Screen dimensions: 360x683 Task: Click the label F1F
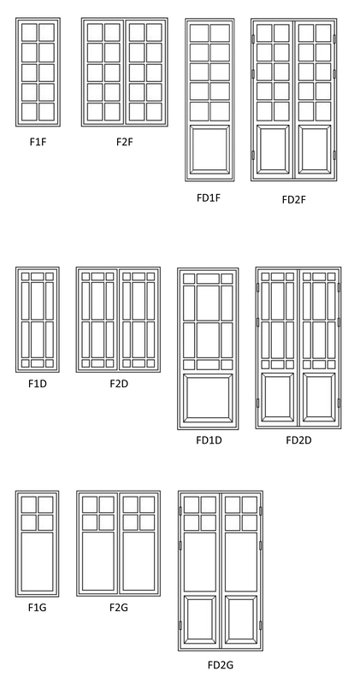[x=38, y=142]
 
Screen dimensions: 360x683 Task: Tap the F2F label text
[x=124, y=142]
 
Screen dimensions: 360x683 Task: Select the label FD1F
[x=209, y=197]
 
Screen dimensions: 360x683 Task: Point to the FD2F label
[x=294, y=199]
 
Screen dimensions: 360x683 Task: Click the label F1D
[x=38, y=384]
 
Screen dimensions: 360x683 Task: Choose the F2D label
[x=119, y=384]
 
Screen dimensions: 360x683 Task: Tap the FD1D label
[x=209, y=440]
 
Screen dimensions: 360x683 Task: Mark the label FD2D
[x=298, y=440]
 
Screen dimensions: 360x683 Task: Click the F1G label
[x=37, y=607]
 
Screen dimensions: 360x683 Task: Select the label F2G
[x=119, y=607]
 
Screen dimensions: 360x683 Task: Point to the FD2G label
[x=221, y=665]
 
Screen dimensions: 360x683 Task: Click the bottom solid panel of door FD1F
[x=210, y=150]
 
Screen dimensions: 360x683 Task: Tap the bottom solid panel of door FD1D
[x=208, y=398]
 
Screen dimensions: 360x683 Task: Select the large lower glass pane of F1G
[x=37, y=562]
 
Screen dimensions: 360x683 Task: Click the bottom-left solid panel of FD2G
[x=199, y=620]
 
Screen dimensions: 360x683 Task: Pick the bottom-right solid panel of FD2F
[x=315, y=150]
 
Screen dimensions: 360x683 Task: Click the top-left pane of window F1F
[x=29, y=32]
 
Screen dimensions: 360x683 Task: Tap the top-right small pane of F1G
[x=45, y=504]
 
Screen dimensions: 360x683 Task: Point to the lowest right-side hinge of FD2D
[x=339, y=403]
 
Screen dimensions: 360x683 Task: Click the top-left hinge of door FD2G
[x=180, y=510]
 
